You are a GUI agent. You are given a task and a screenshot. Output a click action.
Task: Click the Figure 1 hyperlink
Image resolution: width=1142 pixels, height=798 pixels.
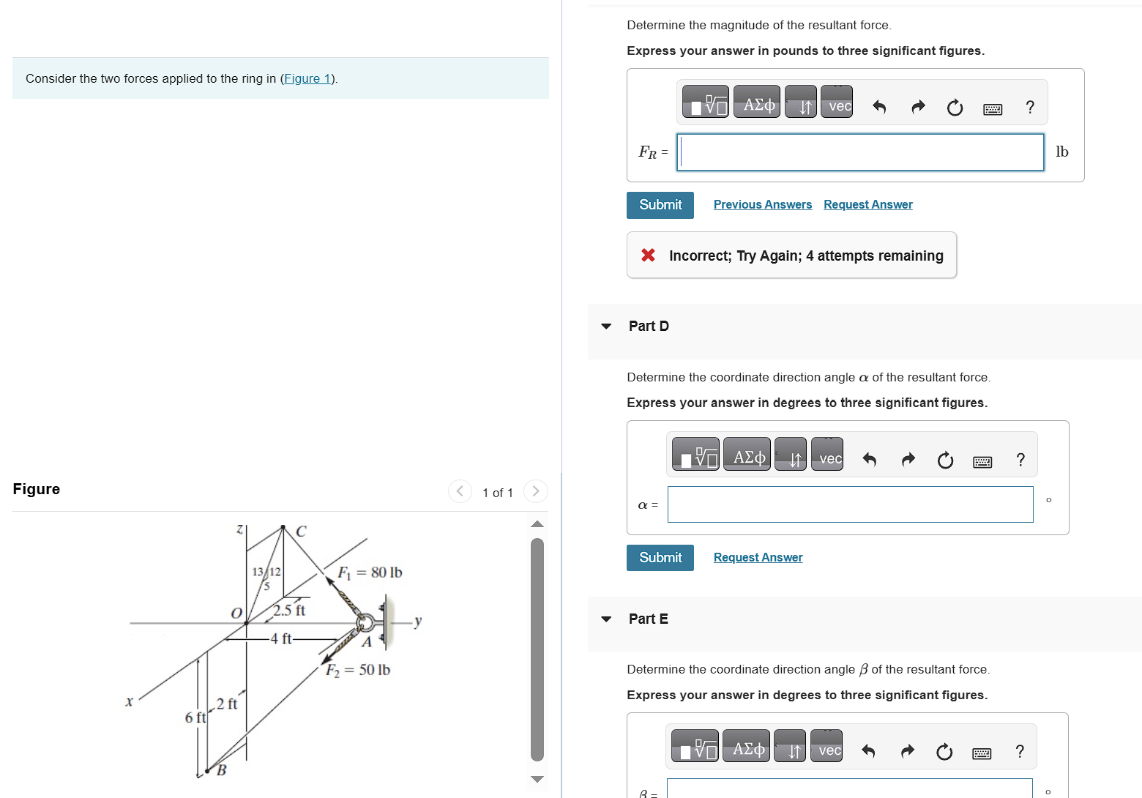pos(307,78)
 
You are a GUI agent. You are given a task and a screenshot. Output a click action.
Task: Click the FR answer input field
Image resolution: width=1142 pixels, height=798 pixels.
pos(860,152)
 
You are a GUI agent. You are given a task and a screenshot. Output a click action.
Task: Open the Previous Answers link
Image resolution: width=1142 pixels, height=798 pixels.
pos(762,204)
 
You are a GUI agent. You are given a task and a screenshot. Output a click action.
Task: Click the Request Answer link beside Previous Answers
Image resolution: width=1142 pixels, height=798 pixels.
pos(867,204)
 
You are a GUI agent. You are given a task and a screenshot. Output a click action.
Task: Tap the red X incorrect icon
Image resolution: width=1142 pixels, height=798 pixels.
pos(648,255)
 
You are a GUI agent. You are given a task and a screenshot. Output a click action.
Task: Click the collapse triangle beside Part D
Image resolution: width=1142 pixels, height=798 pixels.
pos(606,327)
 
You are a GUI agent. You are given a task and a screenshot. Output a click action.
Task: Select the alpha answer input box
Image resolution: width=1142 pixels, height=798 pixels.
pos(850,504)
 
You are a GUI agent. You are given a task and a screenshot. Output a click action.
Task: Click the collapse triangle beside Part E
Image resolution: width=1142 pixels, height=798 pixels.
pos(606,619)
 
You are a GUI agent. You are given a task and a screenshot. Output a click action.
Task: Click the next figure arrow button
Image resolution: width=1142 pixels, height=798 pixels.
pos(536,491)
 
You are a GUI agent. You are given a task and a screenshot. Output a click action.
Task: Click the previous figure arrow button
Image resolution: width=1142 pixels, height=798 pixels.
pos(460,491)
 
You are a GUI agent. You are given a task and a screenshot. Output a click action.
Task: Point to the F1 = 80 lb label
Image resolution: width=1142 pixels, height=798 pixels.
pos(370,573)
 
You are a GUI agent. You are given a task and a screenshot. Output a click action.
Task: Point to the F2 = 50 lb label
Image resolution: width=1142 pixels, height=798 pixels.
pos(358,670)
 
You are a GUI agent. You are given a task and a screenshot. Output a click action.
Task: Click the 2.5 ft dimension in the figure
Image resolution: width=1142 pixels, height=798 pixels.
pos(289,610)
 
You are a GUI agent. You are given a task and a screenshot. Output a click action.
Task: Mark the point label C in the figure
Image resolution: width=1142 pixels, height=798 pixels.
pos(301,532)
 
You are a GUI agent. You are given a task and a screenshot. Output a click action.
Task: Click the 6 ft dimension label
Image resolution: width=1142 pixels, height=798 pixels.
pos(195,717)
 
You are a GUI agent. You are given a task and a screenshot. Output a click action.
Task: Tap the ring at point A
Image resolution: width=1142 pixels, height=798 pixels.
pos(364,623)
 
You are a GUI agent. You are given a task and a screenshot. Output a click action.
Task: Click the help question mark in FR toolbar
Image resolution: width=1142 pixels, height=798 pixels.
pos(1030,108)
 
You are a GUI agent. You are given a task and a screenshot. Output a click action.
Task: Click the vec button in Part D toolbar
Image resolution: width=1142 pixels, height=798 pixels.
pos(830,458)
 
